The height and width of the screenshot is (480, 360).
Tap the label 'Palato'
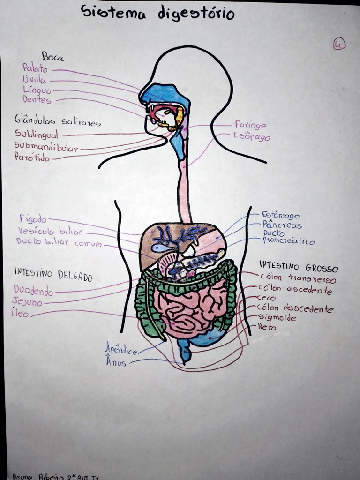(x=35, y=69)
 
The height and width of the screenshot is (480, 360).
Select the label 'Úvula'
(x=34, y=80)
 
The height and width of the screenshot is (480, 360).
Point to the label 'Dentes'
(x=37, y=100)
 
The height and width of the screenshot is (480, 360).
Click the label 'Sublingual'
(x=36, y=134)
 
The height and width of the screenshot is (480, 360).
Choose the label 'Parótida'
(x=31, y=157)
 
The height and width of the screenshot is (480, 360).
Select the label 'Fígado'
(x=33, y=219)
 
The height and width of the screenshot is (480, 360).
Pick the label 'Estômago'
(x=281, y=215)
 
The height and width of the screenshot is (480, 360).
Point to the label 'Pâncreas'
(x=282, y=225)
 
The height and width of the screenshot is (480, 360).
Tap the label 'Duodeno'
(x=33, y=291)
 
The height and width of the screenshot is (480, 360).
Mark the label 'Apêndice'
(x=121, y=349)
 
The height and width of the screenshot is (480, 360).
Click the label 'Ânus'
(x=116, y=362)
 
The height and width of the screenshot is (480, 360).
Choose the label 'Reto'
(x=267, y=327)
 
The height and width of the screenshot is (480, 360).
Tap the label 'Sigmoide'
(x=277, y=318)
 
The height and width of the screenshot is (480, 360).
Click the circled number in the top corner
(x=339, y=44)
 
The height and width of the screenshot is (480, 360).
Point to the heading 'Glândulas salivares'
(x=57, y=121)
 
